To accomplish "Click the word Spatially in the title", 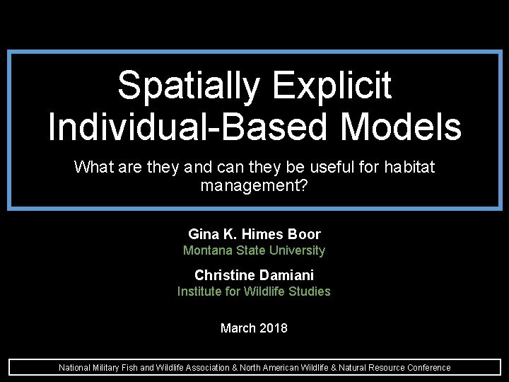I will click(x=189, y=86).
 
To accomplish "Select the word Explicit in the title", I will click(x=331, y=86).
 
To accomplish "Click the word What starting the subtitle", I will click(x=94, y=168).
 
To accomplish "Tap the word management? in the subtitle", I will click(x=255, y=186).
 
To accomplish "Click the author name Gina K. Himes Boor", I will click(x=255, y=234).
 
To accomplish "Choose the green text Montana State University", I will click(x=255, y=250).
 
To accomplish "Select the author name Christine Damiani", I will click(x=255, y=275).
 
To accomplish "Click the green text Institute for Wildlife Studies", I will click(x=255, y=291).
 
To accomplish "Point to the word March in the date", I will click(x=238, y=328).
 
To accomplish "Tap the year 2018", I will click(x=274, y=328).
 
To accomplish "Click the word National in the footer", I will click(x=74, y=368).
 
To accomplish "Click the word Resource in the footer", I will click(x=389, y=368).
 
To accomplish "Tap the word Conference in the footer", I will click(x=429, y=368).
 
